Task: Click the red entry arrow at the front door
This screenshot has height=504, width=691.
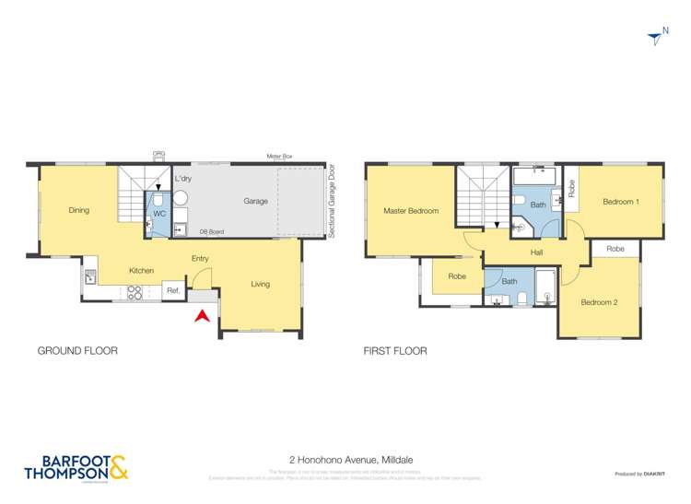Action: point(202,316)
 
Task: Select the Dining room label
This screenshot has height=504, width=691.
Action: point(79,210)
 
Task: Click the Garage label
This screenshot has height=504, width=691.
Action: point(255,201)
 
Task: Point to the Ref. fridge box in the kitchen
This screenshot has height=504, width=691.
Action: point(172,291)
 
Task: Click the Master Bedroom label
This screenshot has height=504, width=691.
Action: point(411,211)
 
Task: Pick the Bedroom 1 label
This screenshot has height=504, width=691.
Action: point(620,202)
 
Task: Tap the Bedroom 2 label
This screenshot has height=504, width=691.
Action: point(598,301)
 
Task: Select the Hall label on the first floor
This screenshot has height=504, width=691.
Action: point(536,252)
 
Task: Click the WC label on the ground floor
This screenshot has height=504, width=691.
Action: point(158,214)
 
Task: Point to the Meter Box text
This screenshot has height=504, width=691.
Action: point(279,158)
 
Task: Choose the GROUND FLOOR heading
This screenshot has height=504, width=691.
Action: point(77,351)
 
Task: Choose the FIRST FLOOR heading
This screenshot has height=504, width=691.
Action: point(396,351)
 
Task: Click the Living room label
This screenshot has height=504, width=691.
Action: point(261,284)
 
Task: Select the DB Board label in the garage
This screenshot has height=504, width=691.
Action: point(212,232)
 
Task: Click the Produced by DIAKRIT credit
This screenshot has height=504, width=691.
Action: point(640,474)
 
